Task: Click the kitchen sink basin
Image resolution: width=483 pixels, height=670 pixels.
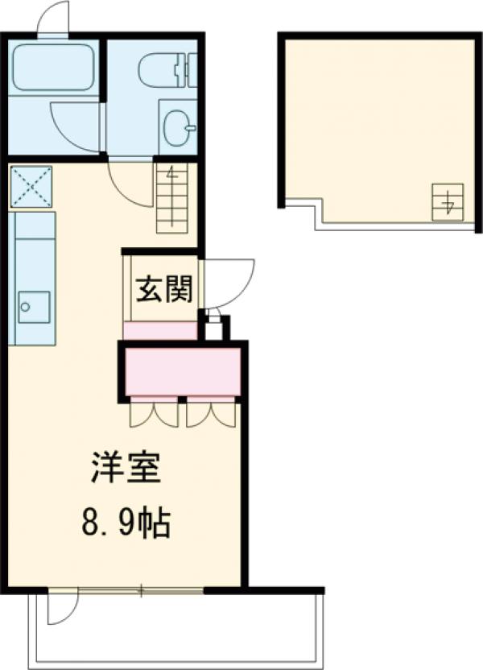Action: [x=33, y=305]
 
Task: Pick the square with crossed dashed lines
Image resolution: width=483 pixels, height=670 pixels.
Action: [x=31, y=186]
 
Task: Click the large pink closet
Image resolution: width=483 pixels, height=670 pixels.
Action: [x=183, y=370]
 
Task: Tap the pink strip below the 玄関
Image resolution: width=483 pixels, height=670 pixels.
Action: [x=160, y=330]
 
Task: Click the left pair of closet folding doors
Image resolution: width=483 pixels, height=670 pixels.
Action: [x=154, y=412]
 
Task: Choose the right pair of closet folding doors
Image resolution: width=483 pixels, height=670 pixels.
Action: [x=211, y=412]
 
